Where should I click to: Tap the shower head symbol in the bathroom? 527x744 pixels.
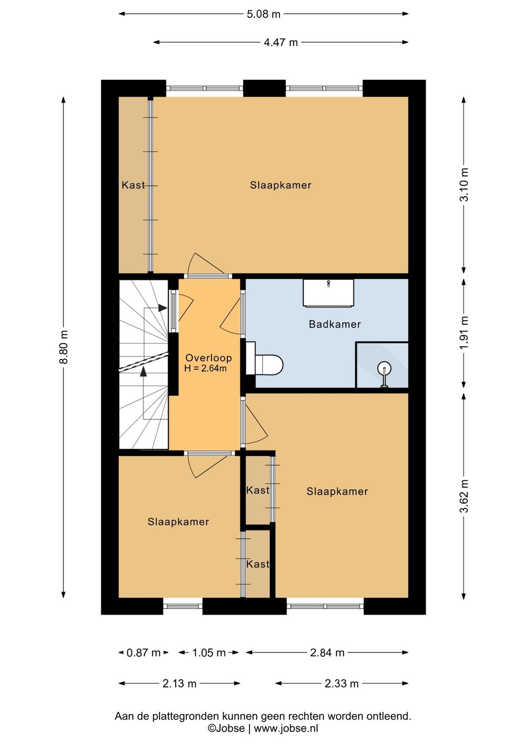point(385,373)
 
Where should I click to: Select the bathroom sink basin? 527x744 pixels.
point(328,293)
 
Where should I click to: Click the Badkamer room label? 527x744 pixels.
point(334,324)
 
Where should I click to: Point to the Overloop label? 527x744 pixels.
point(208,358)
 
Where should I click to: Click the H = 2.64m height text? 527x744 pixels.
point(205,368)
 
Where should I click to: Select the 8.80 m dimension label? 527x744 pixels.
point(63,347)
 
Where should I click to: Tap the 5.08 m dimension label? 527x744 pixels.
point(263,14)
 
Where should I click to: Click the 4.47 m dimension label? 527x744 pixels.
point(281,42)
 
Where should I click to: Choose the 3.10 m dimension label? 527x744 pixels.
point(464,185)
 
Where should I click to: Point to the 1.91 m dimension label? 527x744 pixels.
point(464,333)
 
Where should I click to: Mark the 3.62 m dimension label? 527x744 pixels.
point(464,496)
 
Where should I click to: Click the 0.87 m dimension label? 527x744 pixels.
point(143,653)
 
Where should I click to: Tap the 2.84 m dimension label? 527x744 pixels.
point(327,653)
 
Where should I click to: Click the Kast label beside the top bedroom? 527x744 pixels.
point(133,185)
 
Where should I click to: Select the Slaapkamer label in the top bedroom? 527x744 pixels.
point(281,185)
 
